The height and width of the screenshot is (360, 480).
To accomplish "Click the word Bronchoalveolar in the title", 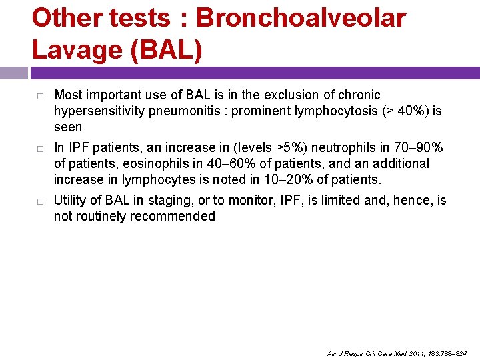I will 300,18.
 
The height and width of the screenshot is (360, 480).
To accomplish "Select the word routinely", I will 102,216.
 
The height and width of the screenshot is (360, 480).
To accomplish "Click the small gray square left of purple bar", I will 13,73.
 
